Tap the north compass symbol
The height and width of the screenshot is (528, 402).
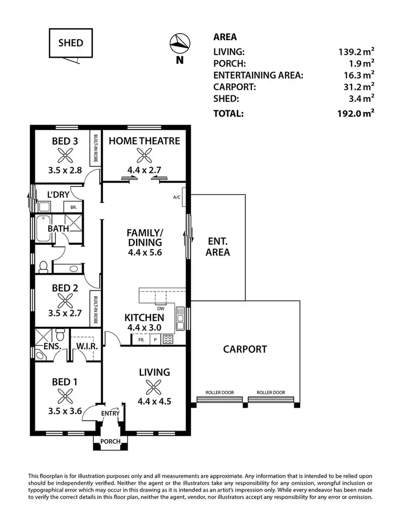point(180,43)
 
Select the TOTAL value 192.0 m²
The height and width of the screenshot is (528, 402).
point(354,114)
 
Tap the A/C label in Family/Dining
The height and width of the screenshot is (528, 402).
point(177,197)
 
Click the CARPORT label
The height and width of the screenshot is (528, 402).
point(245,349)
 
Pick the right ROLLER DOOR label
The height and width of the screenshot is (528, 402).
point(271,392)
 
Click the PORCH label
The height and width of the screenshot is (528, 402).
point(111,442)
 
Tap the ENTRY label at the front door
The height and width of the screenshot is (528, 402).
point(110,413)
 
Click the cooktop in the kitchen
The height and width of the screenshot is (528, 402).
point(168,339)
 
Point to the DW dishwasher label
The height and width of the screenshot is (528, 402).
point(160,308)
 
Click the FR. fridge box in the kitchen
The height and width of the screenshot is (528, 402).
point(142,340)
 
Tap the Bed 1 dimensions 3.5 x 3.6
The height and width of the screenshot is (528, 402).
point(65,412)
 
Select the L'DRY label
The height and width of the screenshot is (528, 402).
point(59,195)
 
